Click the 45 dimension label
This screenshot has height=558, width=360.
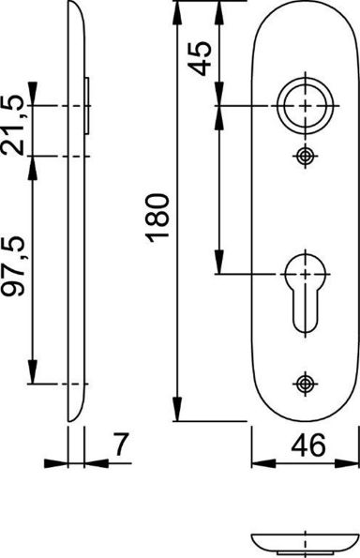[200, 58]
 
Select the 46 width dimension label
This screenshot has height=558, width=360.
[308, 445]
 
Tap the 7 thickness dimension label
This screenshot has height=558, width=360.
[120, 445]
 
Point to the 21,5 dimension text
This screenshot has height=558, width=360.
[13, 126]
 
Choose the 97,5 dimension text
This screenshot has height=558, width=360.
[13, 266]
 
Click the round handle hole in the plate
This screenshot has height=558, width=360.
[306, 106]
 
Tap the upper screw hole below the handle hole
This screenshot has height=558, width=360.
[306, 156]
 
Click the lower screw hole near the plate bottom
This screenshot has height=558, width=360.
[306, 384]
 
